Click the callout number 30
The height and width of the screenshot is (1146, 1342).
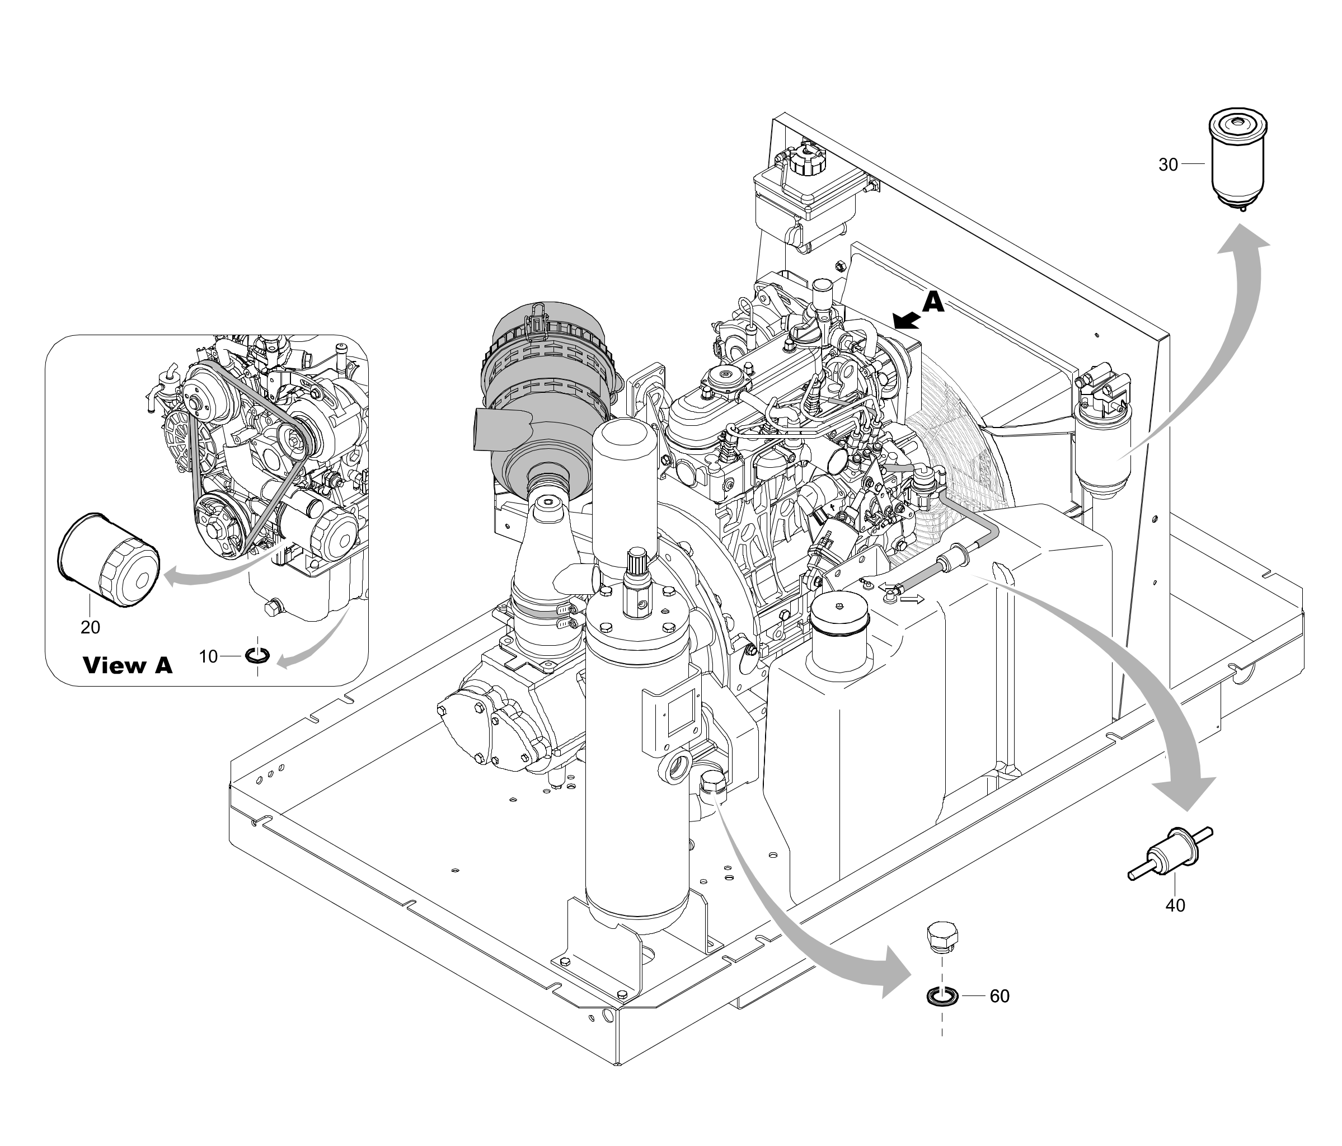(x=1168, y=165)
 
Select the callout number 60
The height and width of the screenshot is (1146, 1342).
(x=1000, y=996)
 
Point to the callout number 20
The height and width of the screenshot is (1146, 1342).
(x=91, y=627)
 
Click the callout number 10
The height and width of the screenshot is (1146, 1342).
(x=208, y=656)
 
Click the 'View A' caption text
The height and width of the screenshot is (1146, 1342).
(x=128, y=665)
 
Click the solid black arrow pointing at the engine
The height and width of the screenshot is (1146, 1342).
(x=905, y=319)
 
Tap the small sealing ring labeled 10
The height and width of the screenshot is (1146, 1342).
(x=257, y=656)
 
